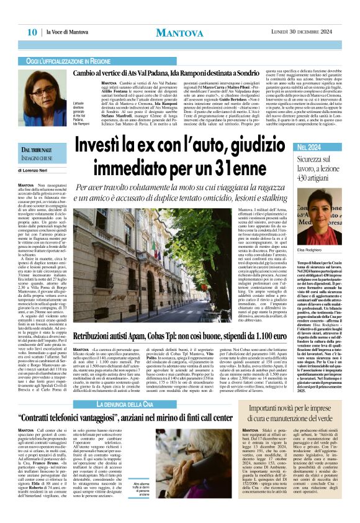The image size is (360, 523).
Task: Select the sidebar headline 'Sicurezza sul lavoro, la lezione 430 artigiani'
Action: coord(318,169)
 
